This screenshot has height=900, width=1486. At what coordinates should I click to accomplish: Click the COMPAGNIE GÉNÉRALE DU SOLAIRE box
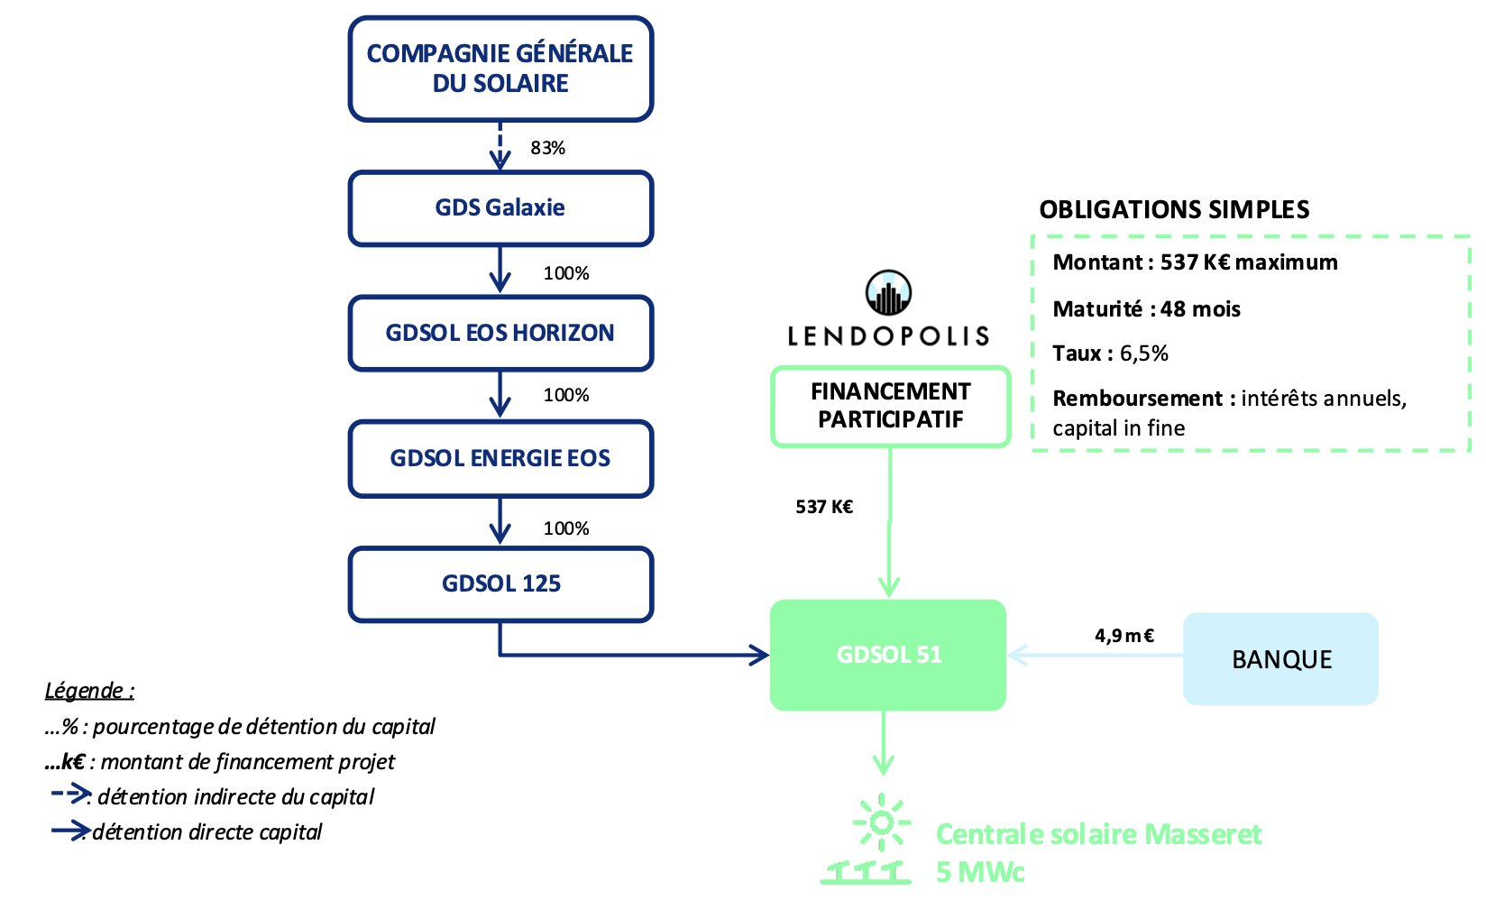tap(500, 69)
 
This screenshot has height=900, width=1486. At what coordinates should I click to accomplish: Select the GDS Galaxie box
tap(500, 208)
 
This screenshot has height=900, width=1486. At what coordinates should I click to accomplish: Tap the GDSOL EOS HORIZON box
tap(500, 333)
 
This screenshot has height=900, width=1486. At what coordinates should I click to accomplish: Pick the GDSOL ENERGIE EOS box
tap(500, 458)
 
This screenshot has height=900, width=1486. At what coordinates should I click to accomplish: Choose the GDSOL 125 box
tap(500, 583)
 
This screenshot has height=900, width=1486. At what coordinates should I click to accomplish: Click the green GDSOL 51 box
tap(888, 655)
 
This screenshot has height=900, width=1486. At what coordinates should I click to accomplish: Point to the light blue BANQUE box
tap(1280, 659)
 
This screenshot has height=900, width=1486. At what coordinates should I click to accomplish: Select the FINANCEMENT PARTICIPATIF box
tap(890, 406)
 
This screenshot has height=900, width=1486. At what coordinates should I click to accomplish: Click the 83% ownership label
tap(547, 148)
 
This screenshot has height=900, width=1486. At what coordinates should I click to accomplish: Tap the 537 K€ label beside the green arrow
tap(824, 507)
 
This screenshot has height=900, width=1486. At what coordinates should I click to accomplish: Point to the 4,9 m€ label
tap(1124, 636)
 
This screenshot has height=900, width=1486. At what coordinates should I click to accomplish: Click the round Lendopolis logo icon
tap(888, 293)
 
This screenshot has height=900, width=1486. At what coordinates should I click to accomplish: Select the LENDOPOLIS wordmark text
tap(888, 336)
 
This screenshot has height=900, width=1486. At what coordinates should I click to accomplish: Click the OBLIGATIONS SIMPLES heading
tap(1174, 210)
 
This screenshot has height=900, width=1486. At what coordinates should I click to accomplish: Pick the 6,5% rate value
tap(1143, 354)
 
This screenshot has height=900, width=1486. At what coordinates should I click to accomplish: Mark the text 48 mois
tap(1200, 309)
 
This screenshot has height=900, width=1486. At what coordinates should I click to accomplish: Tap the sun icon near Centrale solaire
tap(882, 822)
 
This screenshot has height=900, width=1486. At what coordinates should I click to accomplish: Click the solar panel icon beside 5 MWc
tap(866, 871)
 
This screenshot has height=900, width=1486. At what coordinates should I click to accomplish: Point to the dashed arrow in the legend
tap(70, 794)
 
